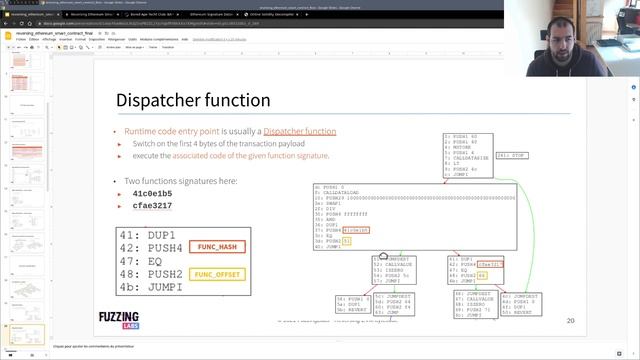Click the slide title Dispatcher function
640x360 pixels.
pyautogui.click(x=193, y=100)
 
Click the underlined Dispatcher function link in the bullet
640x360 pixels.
pyautogui.click(x=300, y=132)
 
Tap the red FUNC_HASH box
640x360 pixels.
pyautogui.click(x=217, y=246)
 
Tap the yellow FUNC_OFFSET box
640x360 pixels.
pyautogui.click(x=219, y=273)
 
